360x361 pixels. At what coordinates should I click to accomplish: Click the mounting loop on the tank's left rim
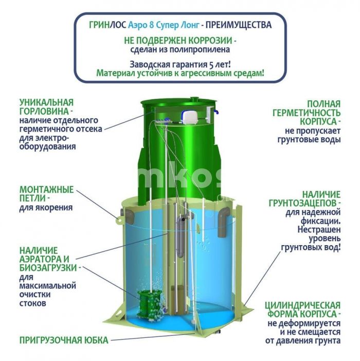[119, 220]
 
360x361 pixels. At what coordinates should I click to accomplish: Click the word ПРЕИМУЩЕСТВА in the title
[239, 25]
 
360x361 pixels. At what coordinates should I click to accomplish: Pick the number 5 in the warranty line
[211, 65]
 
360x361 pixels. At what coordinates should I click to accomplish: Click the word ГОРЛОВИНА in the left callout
[44, 112]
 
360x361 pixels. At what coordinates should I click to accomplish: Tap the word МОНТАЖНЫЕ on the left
[46, 190]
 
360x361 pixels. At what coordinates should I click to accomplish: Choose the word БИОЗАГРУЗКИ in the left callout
[48, 268]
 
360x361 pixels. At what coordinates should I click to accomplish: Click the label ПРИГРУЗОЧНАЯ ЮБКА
[64, 340]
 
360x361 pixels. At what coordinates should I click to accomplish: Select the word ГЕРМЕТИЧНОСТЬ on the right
[307, 113]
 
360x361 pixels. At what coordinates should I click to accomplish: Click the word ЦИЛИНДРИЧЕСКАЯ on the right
[302, 305]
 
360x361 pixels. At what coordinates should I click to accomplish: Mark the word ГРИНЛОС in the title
[107, 25]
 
